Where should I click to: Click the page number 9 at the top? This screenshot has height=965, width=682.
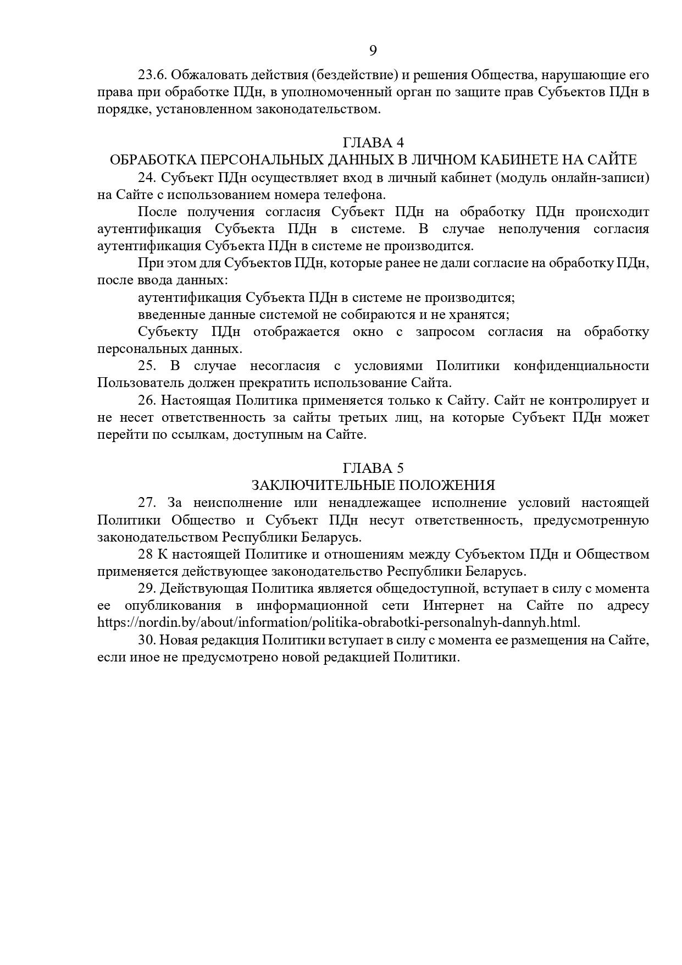tap(373, 51)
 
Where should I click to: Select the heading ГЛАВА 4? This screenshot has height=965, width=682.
tap(373, 143)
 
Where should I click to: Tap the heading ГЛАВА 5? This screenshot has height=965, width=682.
tap(373, 468)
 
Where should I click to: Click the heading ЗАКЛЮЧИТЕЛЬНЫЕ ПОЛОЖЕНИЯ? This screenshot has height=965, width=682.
tap(373, 485)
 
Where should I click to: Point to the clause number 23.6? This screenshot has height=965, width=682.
tap(152, 75)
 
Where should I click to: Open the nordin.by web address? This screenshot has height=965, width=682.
tap(339, 623)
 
